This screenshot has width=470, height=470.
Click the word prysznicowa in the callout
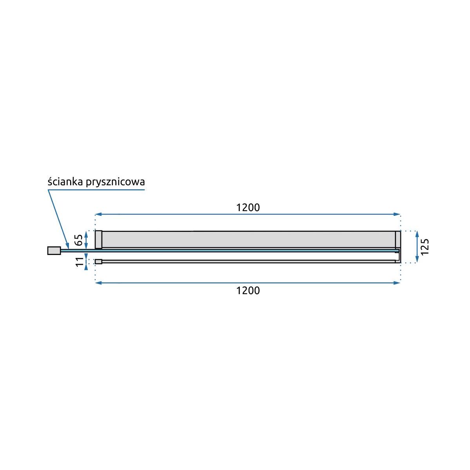116,183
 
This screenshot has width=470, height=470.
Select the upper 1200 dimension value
248,208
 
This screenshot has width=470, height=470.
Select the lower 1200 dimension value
248,291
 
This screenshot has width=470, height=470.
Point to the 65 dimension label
79,240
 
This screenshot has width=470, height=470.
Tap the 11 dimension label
80,262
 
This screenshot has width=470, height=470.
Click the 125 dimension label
425,247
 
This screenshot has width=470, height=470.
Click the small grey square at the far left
54,251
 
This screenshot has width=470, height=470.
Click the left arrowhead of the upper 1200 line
98,214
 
